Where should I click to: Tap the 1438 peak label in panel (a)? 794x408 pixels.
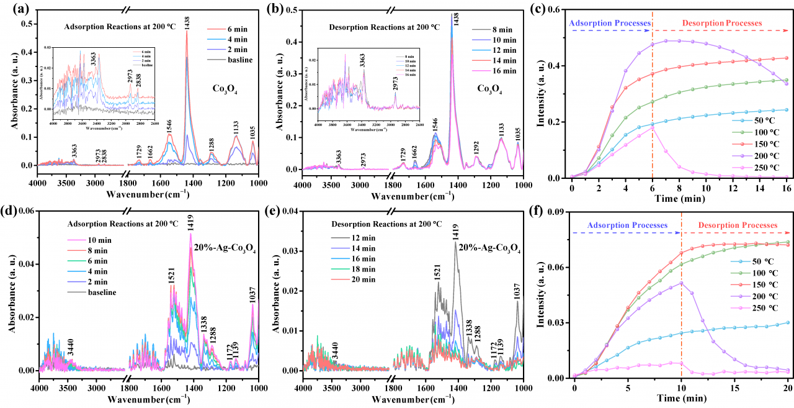[x=187, y=21]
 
